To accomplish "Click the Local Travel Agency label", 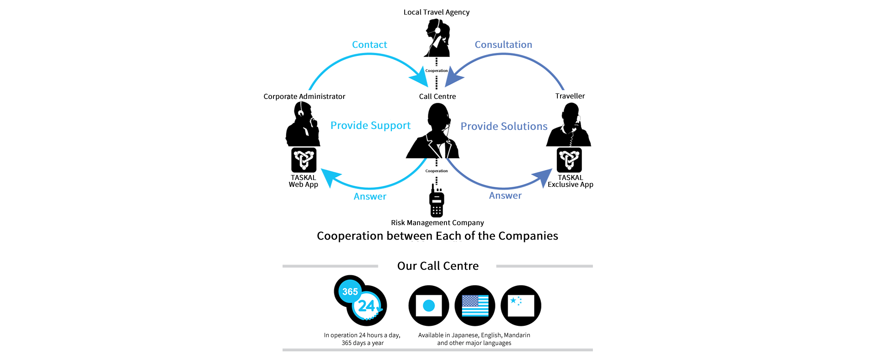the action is (437, 12).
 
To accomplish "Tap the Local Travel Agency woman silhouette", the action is (437, 38).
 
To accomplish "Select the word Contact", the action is (370, 45).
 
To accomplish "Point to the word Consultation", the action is (504, 45).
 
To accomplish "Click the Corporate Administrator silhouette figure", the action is (303, 124).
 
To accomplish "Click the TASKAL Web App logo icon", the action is (304, 160).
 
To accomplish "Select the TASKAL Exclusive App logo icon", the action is (569, 160).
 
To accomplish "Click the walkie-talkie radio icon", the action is (437, 201).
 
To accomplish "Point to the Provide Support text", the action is (371, 126).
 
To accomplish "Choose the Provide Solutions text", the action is (504, 126).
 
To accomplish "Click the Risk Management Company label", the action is (437, 223).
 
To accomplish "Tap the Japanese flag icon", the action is (429, 306).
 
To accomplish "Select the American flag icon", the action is (475, 306).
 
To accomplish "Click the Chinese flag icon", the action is (521, 306).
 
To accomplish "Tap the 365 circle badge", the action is (350, 292).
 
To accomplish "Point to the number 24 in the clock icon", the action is (366, 306).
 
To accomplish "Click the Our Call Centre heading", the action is (438, 266).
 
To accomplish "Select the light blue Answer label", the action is (370, 196).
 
